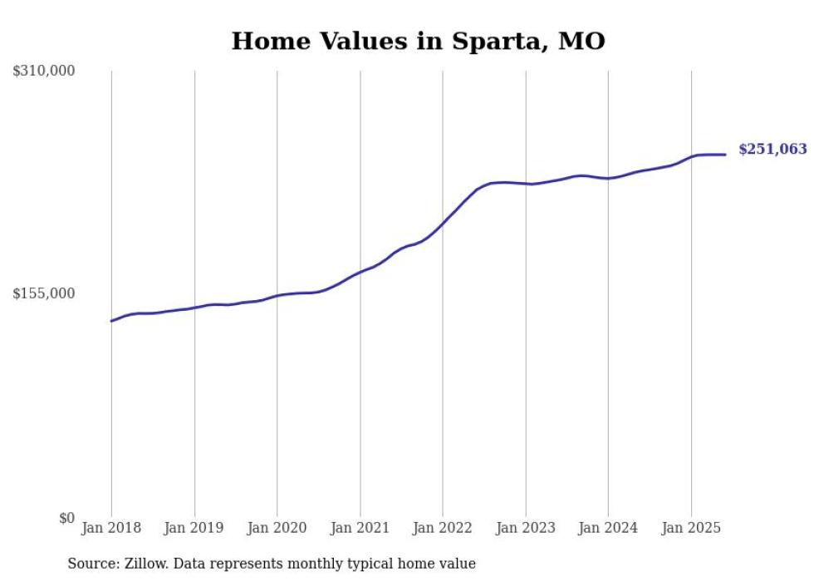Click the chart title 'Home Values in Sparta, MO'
(418, 41)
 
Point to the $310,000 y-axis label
(44, 71)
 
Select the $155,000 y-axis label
(44, 293)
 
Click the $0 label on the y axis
(66, 518)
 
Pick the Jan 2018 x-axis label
(111, 528)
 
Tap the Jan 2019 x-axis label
(194, 528)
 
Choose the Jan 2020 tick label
(277, 528)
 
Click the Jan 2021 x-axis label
(360, 528)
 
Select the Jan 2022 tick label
(442, 528)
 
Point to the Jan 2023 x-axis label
(525, 528)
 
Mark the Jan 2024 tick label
(608, 528)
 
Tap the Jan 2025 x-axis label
(690, 528)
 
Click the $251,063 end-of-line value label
(772, 150)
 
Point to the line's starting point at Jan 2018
(112, 321)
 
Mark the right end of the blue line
(725, 155)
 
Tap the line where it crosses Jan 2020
(277, 295)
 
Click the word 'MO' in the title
(581, 41)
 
